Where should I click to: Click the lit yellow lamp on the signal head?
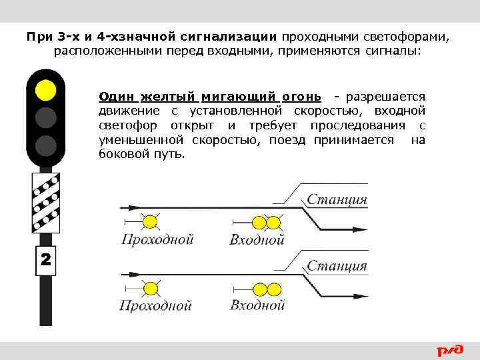(x=45, y=89)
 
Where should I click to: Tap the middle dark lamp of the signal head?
(x=45, y=117)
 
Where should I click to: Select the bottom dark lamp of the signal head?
(x=45, y=145)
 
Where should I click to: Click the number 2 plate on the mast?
(x=45, y=260)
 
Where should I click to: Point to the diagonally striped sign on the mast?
(x=45, y=202)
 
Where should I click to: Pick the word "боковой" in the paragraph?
(x=124, y=155)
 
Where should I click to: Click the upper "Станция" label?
(x=337, y=199)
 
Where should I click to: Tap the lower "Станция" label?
(x=337, y=266)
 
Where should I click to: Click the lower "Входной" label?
(x=257, y=305)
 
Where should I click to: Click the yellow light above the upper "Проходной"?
(x=152, y=222)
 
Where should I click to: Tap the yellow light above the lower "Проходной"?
(x=152, y=289)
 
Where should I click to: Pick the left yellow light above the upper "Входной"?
(x=259, y=222)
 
